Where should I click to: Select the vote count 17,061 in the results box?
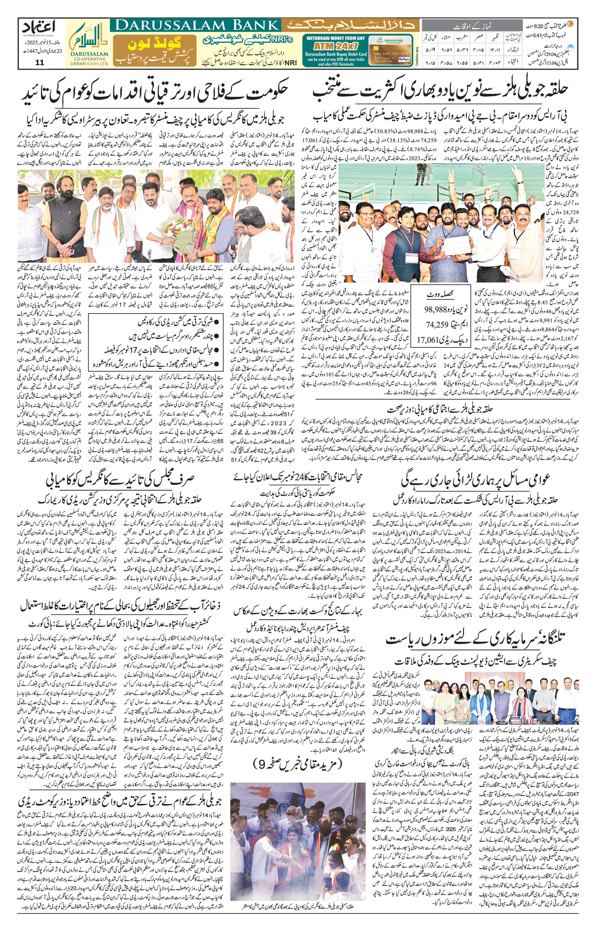click(x=428, y=340)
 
